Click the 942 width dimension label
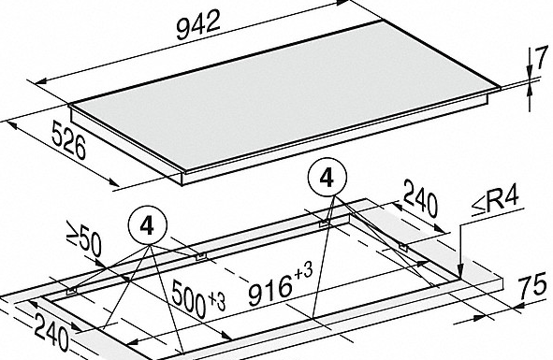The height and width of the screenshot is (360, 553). (198, 24)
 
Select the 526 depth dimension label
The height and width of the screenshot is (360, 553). (68, 140)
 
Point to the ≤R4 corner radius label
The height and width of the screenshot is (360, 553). (495, 202)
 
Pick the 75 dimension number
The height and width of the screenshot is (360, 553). (533, 285)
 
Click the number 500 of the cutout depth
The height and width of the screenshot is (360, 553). (189, 299)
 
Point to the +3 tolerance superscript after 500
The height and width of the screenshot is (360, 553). (216, 302)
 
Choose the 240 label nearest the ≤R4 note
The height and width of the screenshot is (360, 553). (420, 198)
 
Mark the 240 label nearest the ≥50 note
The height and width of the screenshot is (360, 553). (51, 332)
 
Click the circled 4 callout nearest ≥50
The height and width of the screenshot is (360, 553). (147, 225)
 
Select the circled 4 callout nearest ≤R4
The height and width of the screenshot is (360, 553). (327, 178)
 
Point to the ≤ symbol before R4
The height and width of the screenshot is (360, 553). (478, 208)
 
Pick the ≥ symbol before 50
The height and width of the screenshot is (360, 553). (73, 232)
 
